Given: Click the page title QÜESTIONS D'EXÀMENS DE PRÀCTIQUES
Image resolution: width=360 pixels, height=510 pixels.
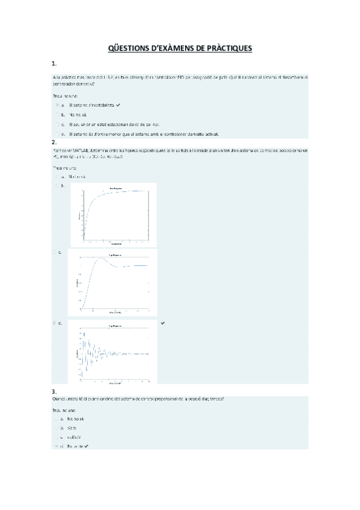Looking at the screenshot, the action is coord(180,48).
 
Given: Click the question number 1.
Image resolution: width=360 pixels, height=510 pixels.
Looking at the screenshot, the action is coord(54,63).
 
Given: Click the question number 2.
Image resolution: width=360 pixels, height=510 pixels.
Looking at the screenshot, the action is coord(54,142).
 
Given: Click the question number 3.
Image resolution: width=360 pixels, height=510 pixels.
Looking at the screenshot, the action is coord(54,392).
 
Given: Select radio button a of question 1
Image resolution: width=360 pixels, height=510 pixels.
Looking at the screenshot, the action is coord(56,105).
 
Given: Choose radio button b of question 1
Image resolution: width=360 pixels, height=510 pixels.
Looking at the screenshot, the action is coord(56,114).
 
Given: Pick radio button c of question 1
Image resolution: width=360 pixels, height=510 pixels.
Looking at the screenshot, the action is coord(56,124).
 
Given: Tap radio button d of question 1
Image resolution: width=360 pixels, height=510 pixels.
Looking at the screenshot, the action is coord(56,134).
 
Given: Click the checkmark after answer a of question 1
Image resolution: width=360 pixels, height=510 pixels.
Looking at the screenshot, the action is coord(118,105).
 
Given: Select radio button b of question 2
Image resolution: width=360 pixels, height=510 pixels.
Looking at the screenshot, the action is coord(56,186).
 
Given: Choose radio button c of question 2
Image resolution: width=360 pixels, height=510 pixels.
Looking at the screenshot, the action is coord(56,252).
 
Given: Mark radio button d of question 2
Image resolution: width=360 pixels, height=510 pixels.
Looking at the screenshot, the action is coord(56,323).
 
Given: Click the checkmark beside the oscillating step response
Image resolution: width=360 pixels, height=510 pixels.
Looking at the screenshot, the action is coord(163,323).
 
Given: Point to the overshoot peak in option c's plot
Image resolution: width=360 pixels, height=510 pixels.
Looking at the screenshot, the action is coord(103,258).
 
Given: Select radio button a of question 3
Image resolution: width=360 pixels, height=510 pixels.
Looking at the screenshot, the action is coord(56,418).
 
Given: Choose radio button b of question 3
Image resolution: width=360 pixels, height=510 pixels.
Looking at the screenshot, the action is coord(56,428).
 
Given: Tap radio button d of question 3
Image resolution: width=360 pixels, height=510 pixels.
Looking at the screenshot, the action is coord(56,446).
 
